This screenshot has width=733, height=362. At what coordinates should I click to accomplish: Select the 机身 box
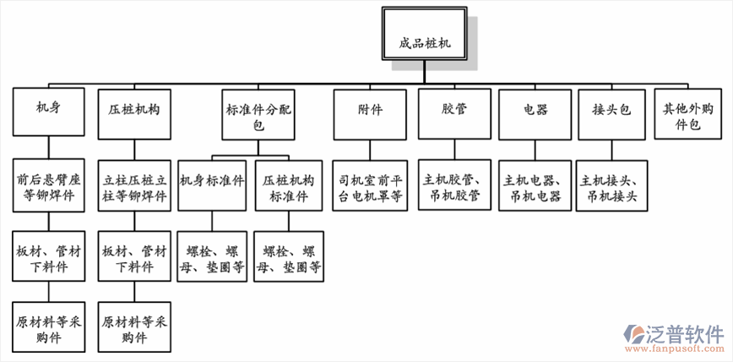pos(48,110)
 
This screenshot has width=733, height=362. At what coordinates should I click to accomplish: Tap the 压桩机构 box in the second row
pos(133,110)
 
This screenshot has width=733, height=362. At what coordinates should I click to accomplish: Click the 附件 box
pos(371,110)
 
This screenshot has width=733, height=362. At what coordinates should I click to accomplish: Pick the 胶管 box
pos(454,110)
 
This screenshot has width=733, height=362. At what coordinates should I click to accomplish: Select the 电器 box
pos(535,110)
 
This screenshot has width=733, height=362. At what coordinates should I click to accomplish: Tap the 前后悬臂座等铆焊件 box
pos(49,184)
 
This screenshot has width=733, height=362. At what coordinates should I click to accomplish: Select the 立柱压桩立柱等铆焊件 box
pos(133,184)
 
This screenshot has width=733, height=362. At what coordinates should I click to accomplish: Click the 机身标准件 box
pos(213,184)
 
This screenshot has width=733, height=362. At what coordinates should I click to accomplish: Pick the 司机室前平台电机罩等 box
pos(371,184)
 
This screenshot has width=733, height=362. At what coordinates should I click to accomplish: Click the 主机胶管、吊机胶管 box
pos(453,184)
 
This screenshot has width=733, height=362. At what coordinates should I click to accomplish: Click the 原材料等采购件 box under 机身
pos(48,327)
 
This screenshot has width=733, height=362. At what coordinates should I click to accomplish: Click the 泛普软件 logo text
pos(681,333)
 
